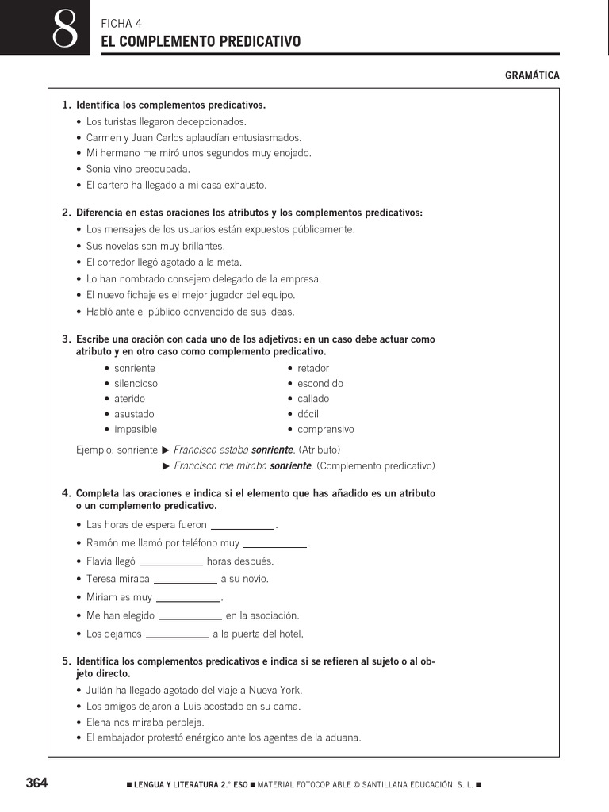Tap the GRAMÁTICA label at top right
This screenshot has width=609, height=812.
(x=532, y=75)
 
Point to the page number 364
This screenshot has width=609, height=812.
(x=37, y=783)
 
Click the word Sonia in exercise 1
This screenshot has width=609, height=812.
(x=99, y=169)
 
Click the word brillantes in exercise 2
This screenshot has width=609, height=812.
(x=197, y=246)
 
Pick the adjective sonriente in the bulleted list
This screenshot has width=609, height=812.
(x=135, y=368)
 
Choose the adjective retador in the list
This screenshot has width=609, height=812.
(x=313, y=368)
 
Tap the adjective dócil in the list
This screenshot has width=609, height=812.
(x=308, y=414)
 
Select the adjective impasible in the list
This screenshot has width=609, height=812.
(x=136, y=430)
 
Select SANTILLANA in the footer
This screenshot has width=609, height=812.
(x=391, y=785)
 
